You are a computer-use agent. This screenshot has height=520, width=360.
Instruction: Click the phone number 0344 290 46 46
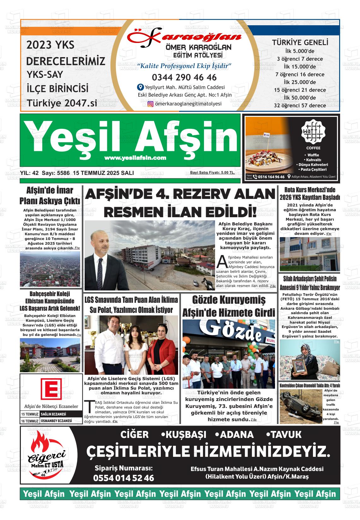click(184, 77)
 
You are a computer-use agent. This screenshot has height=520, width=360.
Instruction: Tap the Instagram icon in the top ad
click(150, 104)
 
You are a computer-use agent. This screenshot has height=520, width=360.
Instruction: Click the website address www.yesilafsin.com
click(135, 158)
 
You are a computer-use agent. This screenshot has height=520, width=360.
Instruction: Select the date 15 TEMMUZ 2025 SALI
click(103, 173)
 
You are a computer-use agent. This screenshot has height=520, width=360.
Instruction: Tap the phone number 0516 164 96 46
click(271, 177)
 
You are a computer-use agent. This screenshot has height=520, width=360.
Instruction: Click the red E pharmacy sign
click(51, 388)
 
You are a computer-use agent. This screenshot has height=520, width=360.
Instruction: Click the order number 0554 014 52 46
click(124, 478)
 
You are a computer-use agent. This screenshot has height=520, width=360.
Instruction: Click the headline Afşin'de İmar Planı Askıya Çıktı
click(50, 196)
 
